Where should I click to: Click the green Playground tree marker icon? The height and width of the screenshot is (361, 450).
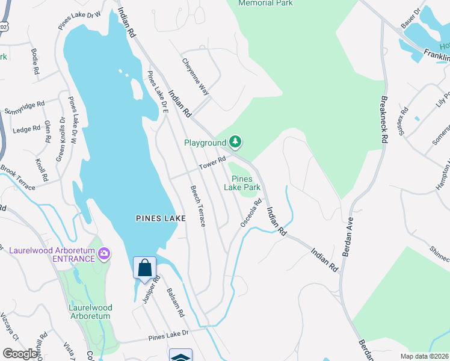(x=236, y=143)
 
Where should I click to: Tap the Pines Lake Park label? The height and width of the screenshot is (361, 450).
(x=242, y=183)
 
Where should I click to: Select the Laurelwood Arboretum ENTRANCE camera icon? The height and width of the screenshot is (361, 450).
(x=105, y=254)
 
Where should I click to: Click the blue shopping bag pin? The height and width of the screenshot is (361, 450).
(x=144, y=268)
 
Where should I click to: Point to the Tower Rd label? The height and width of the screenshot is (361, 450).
(x=213, y=163)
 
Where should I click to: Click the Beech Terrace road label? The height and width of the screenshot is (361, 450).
(x=198, y=206)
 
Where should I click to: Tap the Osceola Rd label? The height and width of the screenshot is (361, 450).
(x=251, y=213)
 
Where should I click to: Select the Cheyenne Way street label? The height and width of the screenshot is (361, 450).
(x=196, y=77)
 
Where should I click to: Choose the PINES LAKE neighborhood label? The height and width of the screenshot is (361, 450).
(x=160, y=219)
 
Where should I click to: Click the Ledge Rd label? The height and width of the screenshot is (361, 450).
(x=26, y=129)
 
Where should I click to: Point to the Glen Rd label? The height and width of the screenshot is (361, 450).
(x=47, y=132)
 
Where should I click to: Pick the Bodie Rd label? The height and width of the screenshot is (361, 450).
(x=34, y=62)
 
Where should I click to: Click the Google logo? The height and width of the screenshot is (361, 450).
(x=20, y=354)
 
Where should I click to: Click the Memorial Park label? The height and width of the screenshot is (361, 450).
(x=265, y=3)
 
